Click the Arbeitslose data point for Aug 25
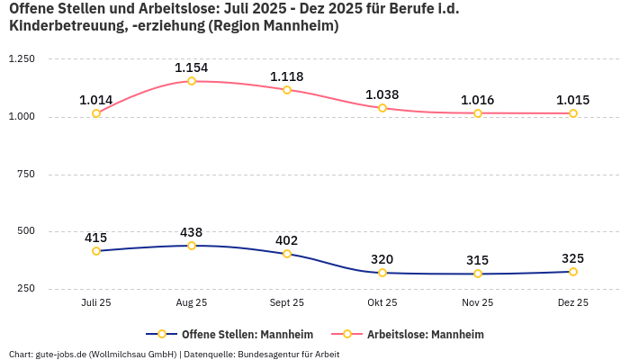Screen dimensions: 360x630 tap(192, 81)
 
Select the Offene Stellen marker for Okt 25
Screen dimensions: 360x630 tap(382, 273)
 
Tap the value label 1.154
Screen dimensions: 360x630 tap(192, 67)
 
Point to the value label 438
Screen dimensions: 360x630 tap(192, 231)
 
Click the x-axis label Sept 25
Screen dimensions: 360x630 tap(287, 303)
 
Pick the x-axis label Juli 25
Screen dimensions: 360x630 tap(96, 303)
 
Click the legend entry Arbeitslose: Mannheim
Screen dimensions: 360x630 tap(425, 335)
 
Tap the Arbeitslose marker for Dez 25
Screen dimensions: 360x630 tap(573, 113)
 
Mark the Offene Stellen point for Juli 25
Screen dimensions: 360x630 tap(96, 251)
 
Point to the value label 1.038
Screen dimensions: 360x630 tap(382, 94)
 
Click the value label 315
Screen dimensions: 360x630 tap(478, 260)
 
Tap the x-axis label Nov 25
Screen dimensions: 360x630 tap(478, 303)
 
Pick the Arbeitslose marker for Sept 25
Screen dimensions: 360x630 tap(287, 90)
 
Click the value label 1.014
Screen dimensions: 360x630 tap(96, 100)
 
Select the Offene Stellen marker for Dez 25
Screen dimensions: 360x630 tap(573, 272)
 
